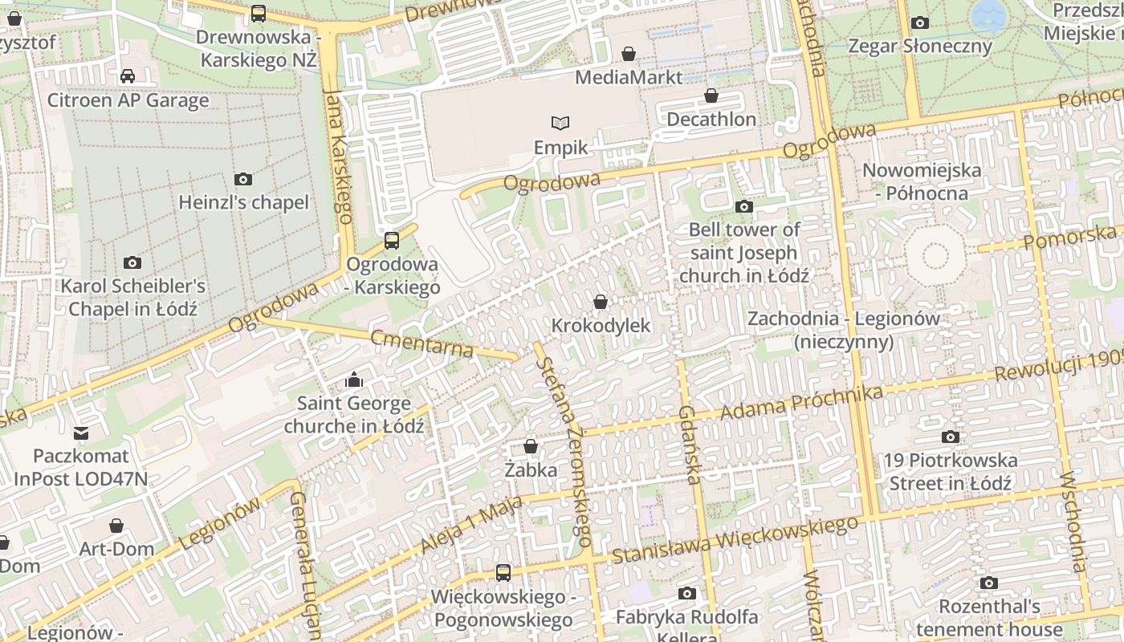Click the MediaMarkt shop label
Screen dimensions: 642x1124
click(629, 77)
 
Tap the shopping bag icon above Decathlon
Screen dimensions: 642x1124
click(711, 96)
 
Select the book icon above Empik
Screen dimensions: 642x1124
click(560, 123)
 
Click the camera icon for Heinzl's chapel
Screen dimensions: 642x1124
click(242, 179)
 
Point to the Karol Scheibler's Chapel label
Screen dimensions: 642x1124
click(133, 297)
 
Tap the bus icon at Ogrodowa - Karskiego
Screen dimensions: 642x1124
click(392, 240)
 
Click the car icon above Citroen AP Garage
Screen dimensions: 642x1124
click(127, 76)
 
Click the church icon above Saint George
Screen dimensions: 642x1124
click(353, 380)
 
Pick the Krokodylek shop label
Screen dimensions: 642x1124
click(601, 326)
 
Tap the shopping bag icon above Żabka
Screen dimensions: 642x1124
click(530, 446)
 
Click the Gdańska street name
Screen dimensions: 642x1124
click(690, 445)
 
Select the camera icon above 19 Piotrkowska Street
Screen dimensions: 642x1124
click(950, 437)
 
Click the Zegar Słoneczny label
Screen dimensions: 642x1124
click(920, 46)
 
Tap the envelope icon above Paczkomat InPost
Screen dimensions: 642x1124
click(80, 433)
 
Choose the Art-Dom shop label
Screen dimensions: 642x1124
click(116, 549)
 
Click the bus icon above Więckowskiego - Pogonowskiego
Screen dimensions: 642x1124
click(503, 573)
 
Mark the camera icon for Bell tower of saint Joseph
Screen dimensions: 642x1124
click(743, 206)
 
